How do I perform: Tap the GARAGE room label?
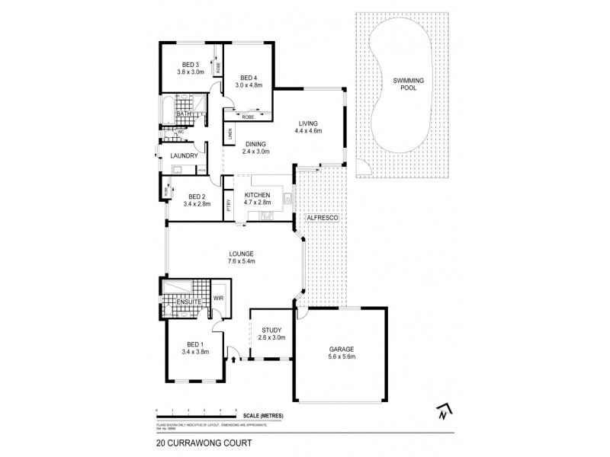click(x=341, y=352)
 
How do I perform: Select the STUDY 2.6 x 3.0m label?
click(x=271, y=334)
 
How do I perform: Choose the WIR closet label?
click(x=217, y=298)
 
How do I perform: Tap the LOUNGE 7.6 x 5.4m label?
click(x=240, y=257)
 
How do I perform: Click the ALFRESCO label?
click(x=320, y=219)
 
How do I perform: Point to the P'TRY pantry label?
click(x=228, y=206)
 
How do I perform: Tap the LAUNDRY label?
click(x=184, y=156)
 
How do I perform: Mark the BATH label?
click(x=184, y=114)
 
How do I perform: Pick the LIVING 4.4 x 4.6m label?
click(x=309, y=127)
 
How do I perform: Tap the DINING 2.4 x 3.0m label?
click(x=257, y=148)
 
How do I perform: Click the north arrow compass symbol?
click(x=441, y=411)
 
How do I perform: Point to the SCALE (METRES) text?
click(x=264, y=415)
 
